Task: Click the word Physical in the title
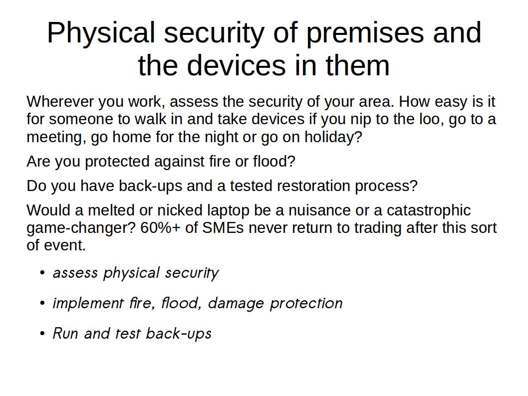pos(101,33)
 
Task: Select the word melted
pos(111,210)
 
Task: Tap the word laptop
pos(228,210)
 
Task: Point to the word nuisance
pos(315,210)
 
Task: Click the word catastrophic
pos(429,210)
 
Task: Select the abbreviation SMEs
pos(223,228)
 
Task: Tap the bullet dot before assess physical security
pos(42,272)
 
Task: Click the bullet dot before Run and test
pos(42,334)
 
